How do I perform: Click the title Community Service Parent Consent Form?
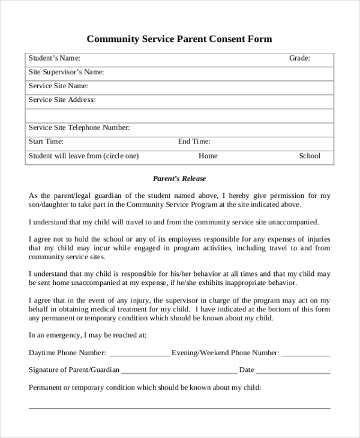pyautogui.click(x=179, y=39)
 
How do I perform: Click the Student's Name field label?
pyautogui.click(x=55, y=58)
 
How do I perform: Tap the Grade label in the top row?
pyautogui.click(x=299, y=58)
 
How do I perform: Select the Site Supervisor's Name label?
pyautogui.click(x=67, y=72)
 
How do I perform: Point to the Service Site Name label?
pyautogui.click(x=58, y=86)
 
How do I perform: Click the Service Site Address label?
pyautogui.click(x=62, y=100)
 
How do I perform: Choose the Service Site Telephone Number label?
pyautogui.click(x=79, y=127)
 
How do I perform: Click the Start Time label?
pyautogui.click(x=46, y=142)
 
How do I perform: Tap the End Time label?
pyautogui.click(x=194, y=142)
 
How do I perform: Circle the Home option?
pyautogui.click(x=208, y=156)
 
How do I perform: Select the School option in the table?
pyautogui.click(x=310, y=156)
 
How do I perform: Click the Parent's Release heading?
pyautogui.click(x=179, y=178)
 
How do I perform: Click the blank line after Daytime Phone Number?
pyautogui.click(x=139, y=355)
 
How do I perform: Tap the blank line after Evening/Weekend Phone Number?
pyautogui.click(x=305, y=355)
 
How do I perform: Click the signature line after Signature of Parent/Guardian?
pyautogui.click(x=179, y=373)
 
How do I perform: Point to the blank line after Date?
pyautogui.click(x=293, y=373)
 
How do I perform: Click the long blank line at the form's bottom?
pyautogui.click(x=179, y=407)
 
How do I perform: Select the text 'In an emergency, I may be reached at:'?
pyautogui.click(x=87, y=335)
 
